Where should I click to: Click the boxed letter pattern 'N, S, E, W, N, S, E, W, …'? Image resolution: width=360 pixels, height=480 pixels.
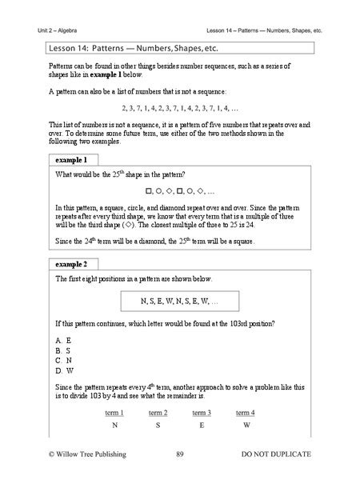click(x=179, y=302)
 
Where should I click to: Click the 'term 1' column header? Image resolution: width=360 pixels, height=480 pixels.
click(x=114, y=412)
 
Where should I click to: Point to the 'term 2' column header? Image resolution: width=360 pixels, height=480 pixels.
click(x=158, y=412)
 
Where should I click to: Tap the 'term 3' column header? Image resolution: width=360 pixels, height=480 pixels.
click(x=202, y=412)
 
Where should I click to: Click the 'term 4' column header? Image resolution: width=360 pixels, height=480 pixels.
click(x=245, y=412)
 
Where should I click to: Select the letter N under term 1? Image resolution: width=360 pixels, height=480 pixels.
click(x=114, y=426)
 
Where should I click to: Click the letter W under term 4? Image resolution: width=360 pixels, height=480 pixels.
click(x=245, y=426)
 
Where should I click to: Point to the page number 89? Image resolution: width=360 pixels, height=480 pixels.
click(x=180, y=454)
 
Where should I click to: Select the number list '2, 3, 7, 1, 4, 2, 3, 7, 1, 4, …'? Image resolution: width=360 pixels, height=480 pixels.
click(x=179, y=107)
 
